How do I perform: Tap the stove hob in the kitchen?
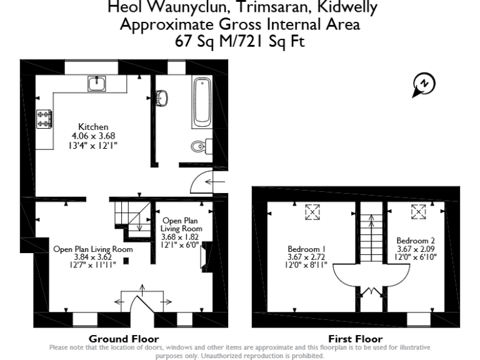(x=45, y=119)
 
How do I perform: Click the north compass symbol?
(x=424, y=84)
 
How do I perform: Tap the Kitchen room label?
(x=93, y=127)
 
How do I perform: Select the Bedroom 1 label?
(x=304, y=248)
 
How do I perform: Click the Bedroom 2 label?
(x=416, y=240)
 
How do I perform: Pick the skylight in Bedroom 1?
(x=311, y=213)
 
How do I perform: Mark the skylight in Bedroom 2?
(x=417, y=213)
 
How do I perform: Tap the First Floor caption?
(x=355, y=339)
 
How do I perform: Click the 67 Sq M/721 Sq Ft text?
(x=239, y=42)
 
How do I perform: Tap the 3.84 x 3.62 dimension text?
(x=93, y=257)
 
